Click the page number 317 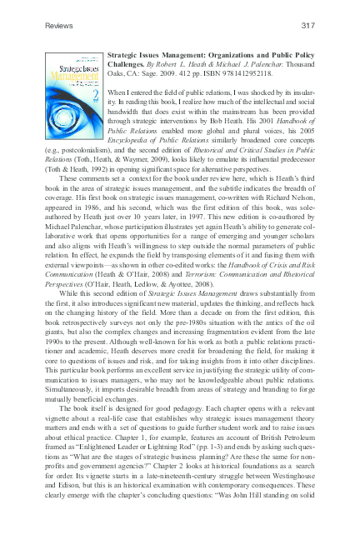click(x=308, y=26)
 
